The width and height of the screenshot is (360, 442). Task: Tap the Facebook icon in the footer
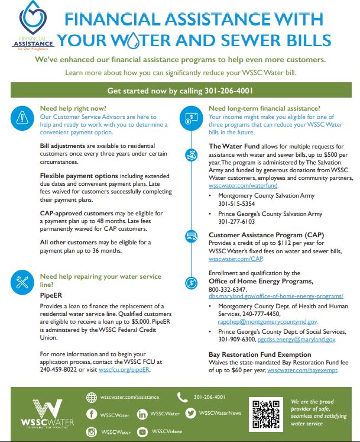point(92,414)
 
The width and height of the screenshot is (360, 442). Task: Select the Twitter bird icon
point(190,413)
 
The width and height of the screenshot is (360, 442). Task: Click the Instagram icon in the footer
point(92,433)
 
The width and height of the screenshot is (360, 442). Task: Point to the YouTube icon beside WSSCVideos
point(142,433)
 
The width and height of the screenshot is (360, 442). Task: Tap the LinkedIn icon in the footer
point(142,414)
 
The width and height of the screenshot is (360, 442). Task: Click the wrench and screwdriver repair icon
point(21,282)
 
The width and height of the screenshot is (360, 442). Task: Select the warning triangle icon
point(21,117)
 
